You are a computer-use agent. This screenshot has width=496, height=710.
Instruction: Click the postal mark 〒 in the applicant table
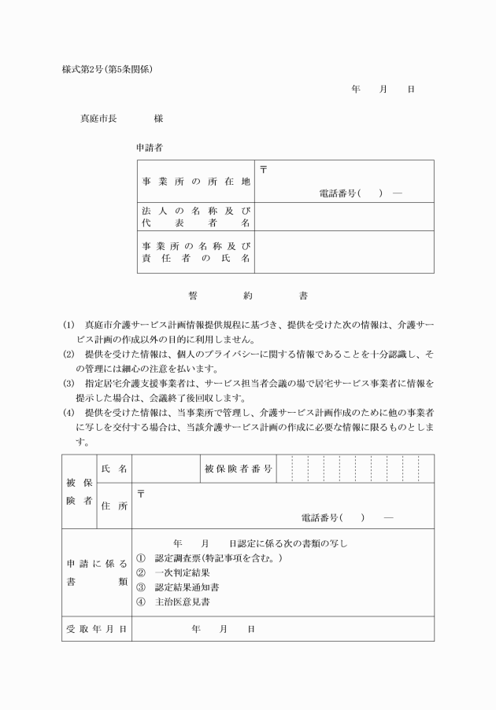[263, 169]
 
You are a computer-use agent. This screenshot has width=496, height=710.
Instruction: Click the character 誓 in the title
[193, 296]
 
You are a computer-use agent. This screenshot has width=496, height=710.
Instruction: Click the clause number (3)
[69, 384]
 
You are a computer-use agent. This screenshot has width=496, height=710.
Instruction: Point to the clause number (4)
[69, 412]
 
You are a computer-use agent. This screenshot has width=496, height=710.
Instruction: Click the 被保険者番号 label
[239, 469]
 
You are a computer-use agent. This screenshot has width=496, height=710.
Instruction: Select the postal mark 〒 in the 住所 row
[141, 495]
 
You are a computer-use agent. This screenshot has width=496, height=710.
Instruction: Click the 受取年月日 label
[96, 629]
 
